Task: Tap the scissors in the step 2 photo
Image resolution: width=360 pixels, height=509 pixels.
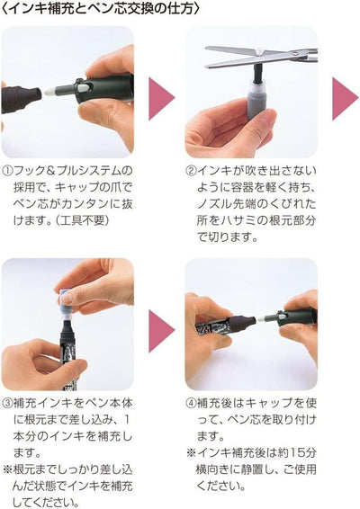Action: tap(261, 55)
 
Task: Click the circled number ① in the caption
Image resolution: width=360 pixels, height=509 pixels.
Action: tap(8, 171)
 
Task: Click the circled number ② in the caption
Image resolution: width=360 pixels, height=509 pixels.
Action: tap(192, 171)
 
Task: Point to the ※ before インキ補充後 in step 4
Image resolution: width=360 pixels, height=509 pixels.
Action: tap(192, 454)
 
